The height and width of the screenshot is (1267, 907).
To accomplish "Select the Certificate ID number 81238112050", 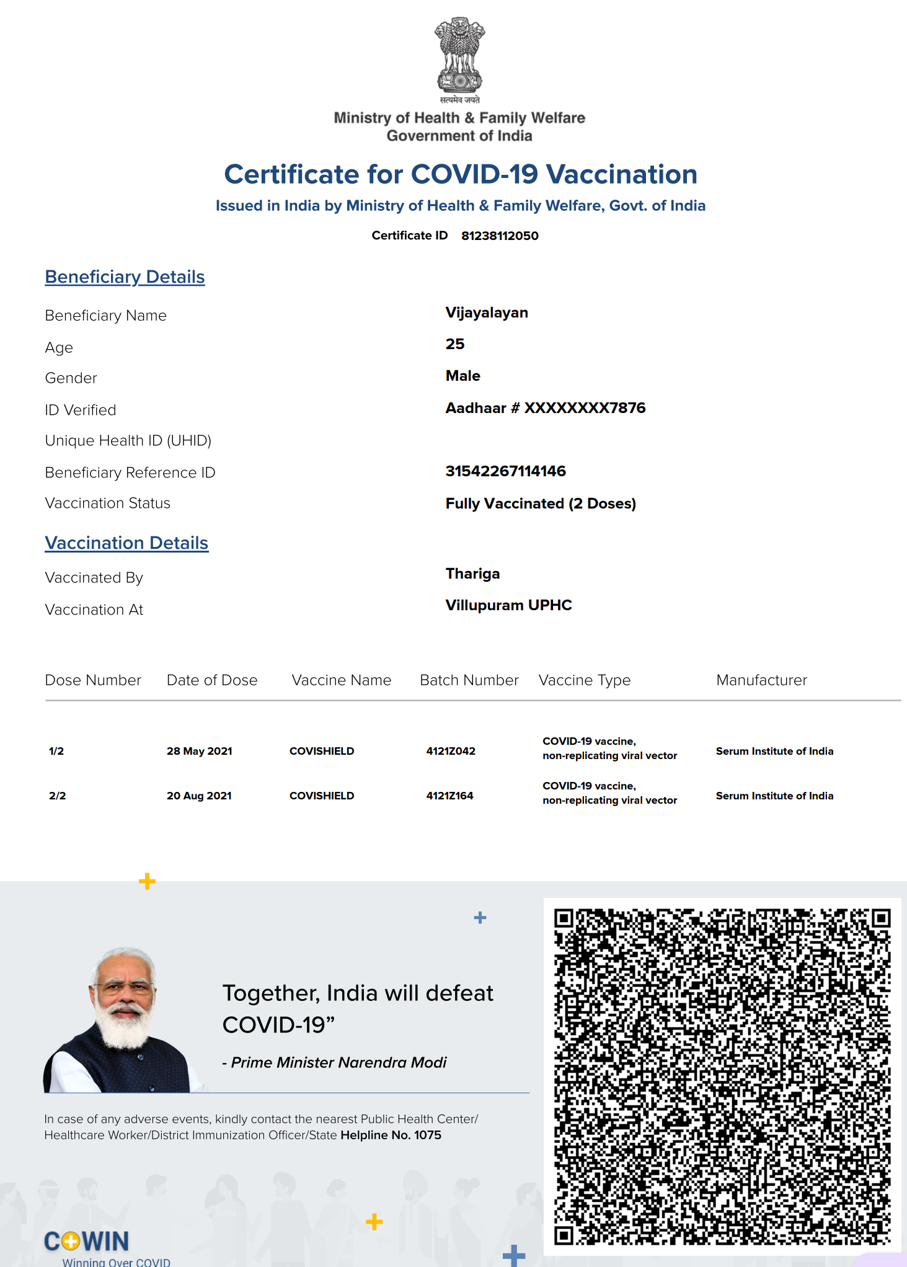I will coord(500,236).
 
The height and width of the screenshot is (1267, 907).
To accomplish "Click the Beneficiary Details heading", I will coord(125,277).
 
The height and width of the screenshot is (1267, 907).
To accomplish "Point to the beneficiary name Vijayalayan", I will coord(487,313).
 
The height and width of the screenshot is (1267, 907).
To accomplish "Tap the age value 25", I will coord(455,344).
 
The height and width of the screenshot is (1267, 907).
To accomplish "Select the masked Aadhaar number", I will coord(546,408).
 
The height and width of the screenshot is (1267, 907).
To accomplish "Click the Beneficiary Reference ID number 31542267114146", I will coord(505,471).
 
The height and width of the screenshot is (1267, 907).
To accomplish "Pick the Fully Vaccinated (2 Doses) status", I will coord(541,504).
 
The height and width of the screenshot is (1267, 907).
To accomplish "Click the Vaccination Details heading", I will coord(126,543).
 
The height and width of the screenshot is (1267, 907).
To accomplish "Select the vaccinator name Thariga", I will coord(472,574).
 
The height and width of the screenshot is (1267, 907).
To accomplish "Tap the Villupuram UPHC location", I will coord(508,605).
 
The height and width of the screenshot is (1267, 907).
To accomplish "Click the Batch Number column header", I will coord(469,680).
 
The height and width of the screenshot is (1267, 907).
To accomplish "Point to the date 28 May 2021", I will coord(199,751).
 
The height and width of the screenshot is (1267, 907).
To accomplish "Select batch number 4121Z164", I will coord(449,796).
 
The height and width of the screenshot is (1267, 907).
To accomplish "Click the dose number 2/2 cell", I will coord(57,796).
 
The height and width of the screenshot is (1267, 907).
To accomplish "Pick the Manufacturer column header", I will coord(761,680).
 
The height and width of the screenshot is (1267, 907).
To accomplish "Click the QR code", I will coord(722,1077).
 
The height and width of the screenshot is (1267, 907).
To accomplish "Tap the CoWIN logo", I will coord(87,1241).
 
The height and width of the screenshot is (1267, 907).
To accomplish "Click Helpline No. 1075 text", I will coord(391,1135).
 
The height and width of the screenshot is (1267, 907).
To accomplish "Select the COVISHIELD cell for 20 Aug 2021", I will coord(322,796).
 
